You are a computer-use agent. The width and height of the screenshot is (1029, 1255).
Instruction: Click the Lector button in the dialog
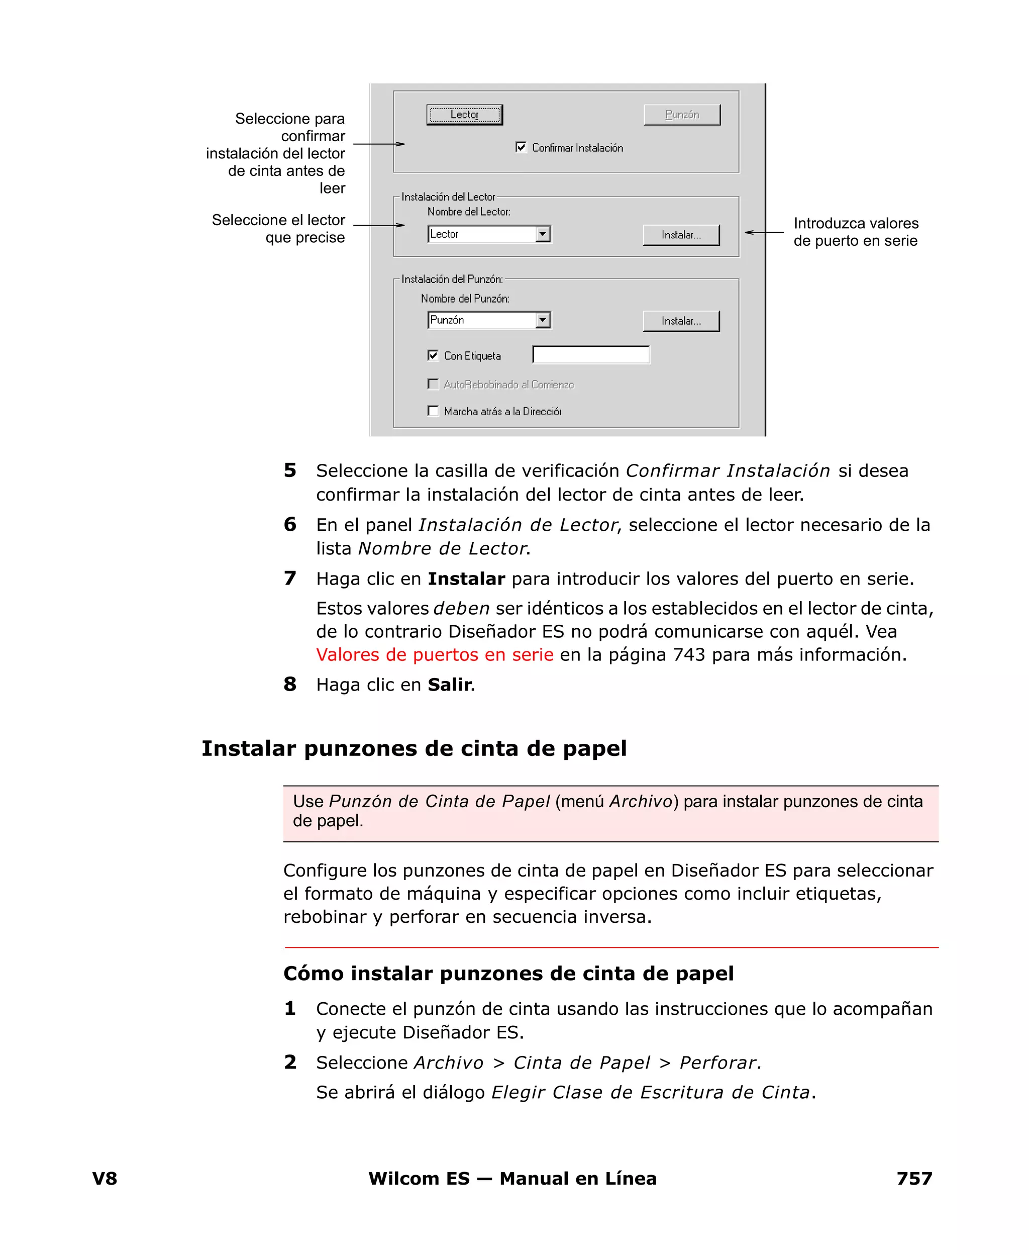pos(464,115)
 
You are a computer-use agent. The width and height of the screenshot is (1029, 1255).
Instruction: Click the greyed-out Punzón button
pos(682,115)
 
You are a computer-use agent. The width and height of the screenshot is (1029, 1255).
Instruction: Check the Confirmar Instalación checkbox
pos(521,147)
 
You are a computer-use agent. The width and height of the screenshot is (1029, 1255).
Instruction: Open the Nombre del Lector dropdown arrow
pos(542,234)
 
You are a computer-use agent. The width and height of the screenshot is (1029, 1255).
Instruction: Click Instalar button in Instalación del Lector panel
pos(681,235)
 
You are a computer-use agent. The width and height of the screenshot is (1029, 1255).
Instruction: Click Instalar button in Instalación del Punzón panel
pos(681,321)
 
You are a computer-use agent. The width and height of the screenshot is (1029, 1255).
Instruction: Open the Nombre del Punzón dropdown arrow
pos(542,320)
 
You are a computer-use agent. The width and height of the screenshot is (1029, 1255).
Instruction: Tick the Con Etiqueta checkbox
pos(433,355)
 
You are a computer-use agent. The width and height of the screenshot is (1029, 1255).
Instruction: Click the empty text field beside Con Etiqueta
pos(590,354)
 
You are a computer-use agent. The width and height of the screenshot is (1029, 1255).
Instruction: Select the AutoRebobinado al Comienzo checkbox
pos(433,384)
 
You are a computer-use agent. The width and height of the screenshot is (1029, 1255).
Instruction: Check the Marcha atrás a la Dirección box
pos(433,411)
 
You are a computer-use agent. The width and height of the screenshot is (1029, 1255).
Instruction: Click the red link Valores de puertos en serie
pos(435,654)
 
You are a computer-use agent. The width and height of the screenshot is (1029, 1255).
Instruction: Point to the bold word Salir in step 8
pos(449,685)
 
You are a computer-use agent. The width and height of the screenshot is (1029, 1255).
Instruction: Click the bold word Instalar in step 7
pos(466,578)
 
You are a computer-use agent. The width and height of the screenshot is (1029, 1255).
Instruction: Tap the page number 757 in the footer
pos(914,1179)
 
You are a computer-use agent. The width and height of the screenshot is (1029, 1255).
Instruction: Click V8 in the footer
pos(105,1179)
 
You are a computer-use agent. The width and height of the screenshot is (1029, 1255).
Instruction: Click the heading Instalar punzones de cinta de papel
pos(414,748)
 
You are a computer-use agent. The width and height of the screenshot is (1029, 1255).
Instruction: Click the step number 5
pos(290,470)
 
